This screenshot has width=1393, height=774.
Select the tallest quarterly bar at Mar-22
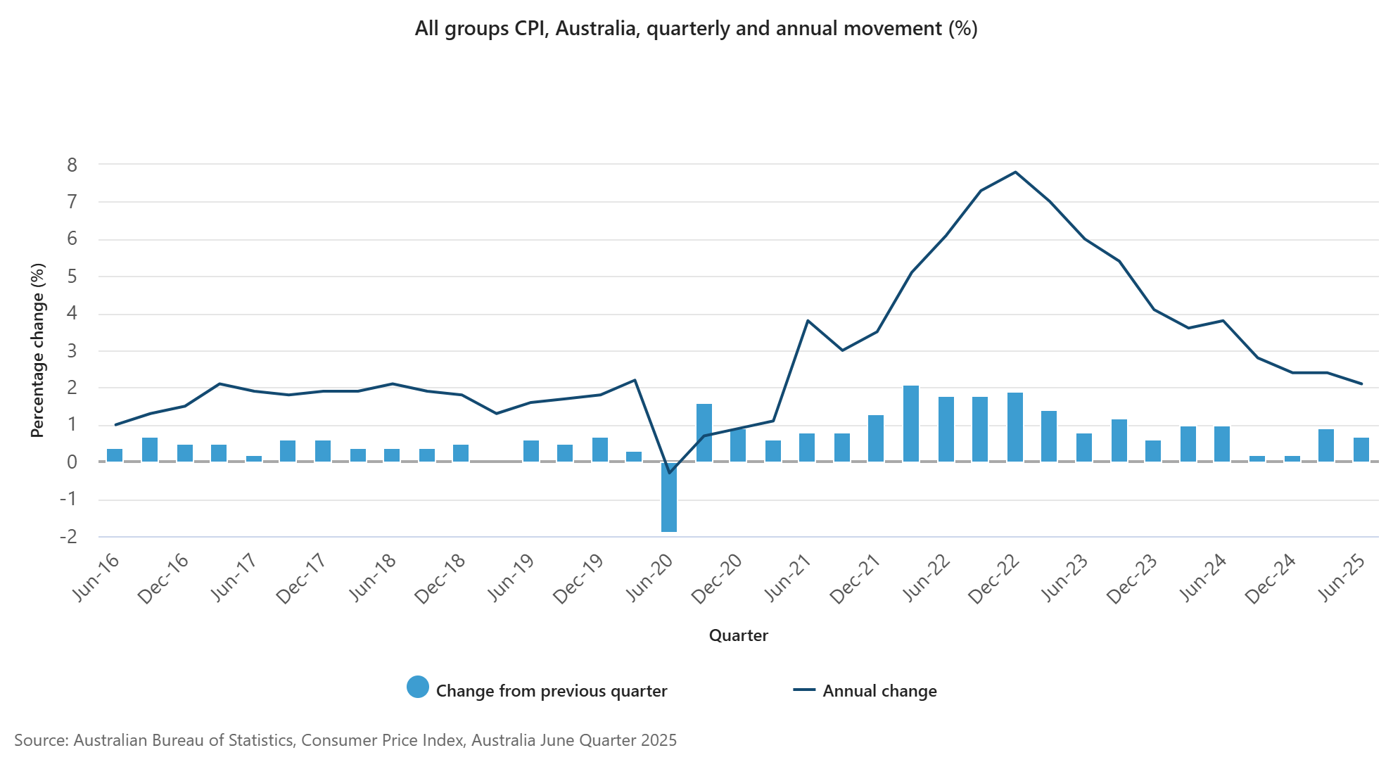pyautogui.click(x=911, y=424)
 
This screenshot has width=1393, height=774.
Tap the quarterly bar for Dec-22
pyautogui.click(x=1015, y=427)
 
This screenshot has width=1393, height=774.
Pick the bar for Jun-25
pyautogui.click(x=1361, y=450)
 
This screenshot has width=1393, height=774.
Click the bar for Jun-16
pyautogui.click(x=115, y=455)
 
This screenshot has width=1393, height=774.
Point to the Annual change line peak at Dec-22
pyautogui.click(x=1015, y=172)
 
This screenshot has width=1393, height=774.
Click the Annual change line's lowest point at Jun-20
pyautogui.click(x=669, y=473)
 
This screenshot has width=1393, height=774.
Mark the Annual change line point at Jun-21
pyautogui.click(x=808, y=321)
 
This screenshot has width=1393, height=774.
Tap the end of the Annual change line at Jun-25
pyautogui.click(x=1361, y=383)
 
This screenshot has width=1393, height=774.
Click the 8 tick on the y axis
pyautogui.click(x=72, y=165)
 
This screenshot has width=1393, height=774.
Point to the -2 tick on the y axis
pyautogui.click(x=68, y=537)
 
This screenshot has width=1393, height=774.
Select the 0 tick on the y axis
pyautogui.click(x=72, y=462)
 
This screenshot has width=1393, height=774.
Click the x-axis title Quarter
pyautogui.click(x=738, y=635)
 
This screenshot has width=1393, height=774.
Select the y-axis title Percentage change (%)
pyautogui.click(x=37, y=350)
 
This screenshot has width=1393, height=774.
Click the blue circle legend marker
pyautogui.click(x=418, y=687)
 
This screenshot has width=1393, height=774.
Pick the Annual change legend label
pyautogui.click(x=879, y=691)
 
